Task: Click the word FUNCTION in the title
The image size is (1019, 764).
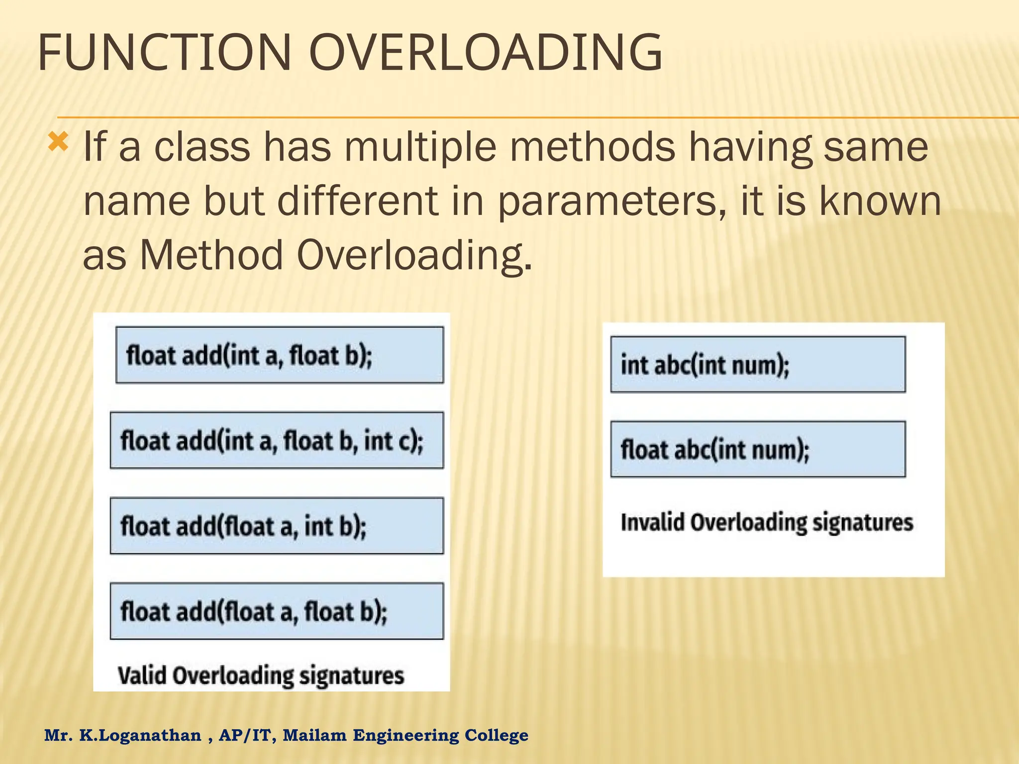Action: tap(164, 52)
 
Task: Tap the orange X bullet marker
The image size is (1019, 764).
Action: tap(58, 143)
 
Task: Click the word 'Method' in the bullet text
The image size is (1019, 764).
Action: tap(211, 255)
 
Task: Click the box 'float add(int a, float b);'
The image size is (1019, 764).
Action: tap(279, 355)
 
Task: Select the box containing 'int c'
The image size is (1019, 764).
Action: tap(277, 440)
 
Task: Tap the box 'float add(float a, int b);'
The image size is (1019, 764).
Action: tap(277, 526)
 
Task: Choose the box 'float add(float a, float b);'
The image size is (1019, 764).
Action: tap(277, 611)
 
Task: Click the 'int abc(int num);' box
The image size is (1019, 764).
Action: tap(758, 365)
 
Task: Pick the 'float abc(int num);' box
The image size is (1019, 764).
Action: tap(758, 449)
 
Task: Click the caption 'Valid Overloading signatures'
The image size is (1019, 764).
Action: tap(261, 675)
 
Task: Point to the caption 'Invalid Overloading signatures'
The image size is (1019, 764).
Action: tap(767, 522)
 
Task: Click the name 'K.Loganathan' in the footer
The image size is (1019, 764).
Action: tap(140, 735)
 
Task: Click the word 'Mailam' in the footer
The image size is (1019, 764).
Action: tap(314, 735)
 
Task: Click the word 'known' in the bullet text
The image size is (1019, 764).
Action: tap(880, 201)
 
